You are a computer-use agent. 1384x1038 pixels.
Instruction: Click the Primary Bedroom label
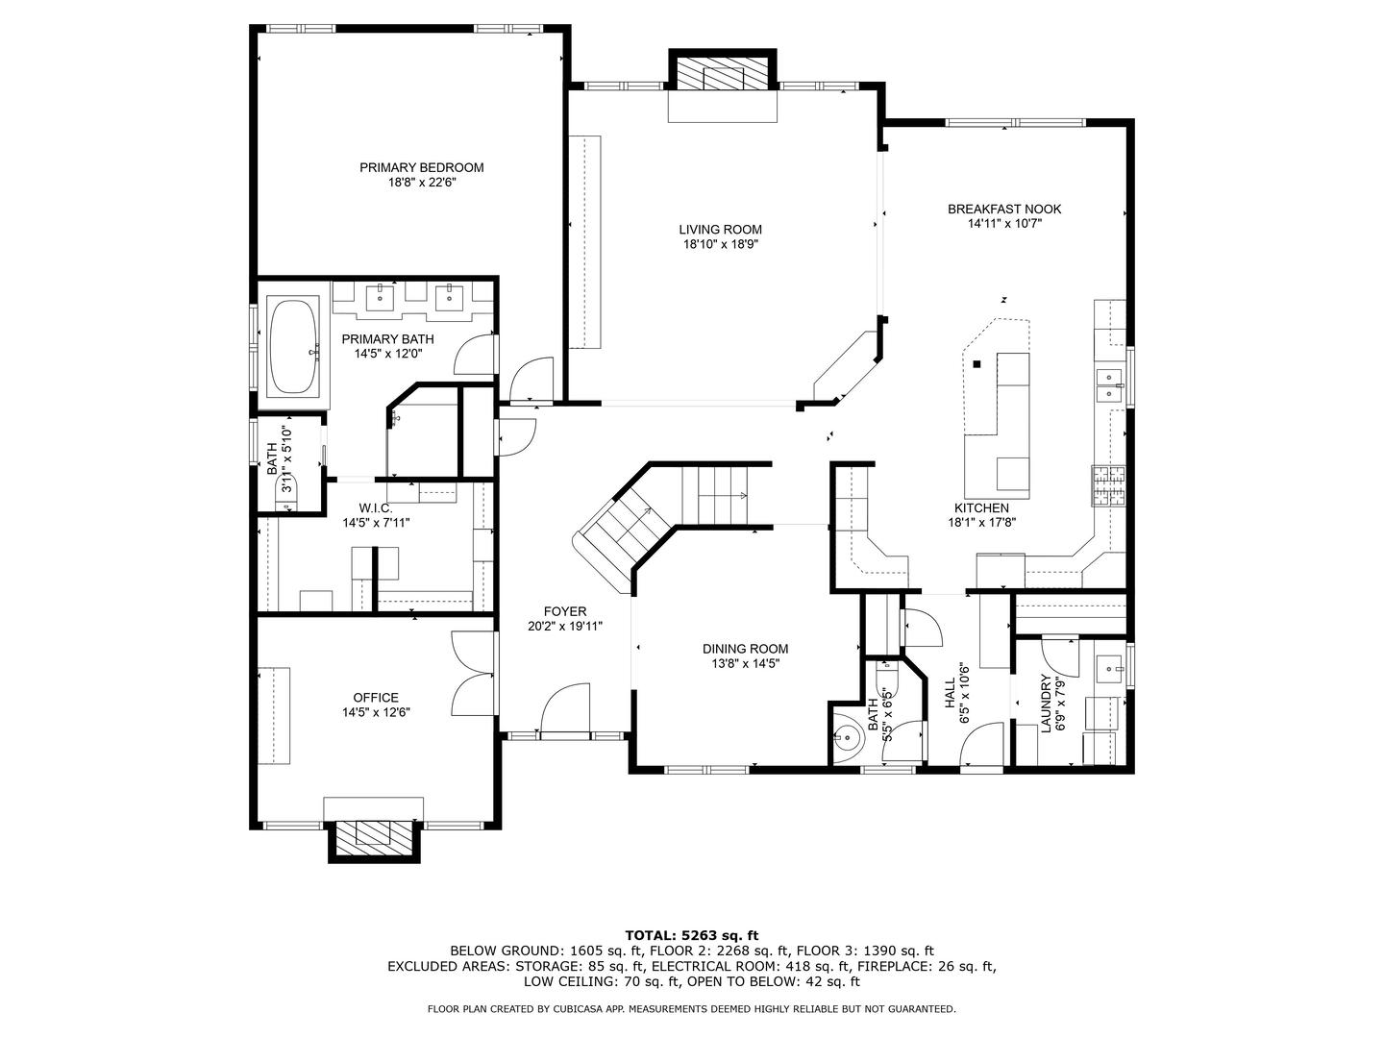click(421, 167)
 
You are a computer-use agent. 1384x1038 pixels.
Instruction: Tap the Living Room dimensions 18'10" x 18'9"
click(720, 245)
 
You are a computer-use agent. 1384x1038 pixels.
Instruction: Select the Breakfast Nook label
click(1004, 209)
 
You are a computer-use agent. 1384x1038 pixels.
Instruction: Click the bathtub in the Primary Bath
click(293, 348)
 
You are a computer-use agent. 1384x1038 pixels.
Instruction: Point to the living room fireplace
click(723, 74)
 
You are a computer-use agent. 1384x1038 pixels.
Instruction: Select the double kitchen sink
click(1111, 385)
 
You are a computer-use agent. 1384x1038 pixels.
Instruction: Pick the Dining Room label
click(745, 649)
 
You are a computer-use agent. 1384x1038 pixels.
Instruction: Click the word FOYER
click(564, 611)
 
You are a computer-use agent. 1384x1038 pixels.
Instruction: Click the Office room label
click(375, 698)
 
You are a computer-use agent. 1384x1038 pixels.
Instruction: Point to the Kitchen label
click(981, 507)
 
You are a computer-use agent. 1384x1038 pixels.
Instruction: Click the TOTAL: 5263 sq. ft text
click(691, 934)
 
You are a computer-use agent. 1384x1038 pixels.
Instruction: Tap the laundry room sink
click(1110, 665)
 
